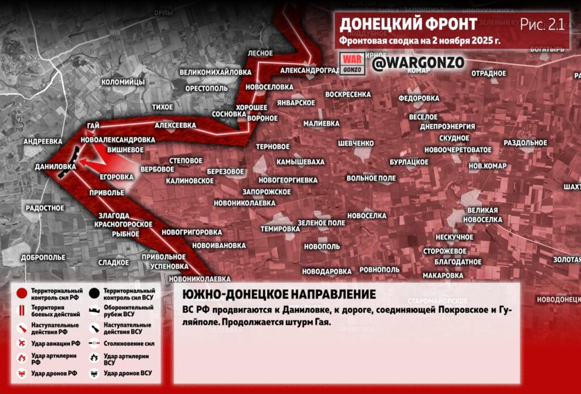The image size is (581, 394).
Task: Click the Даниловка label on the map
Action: point(55,167)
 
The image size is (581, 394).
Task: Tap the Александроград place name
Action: point(310,70)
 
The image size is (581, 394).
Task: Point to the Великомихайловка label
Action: point(215,73)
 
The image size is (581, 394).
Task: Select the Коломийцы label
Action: point(123,82)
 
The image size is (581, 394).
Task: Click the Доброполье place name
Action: point(43,257)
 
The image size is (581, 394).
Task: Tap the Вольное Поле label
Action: point(371,178)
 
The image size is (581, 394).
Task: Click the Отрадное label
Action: point(489,73)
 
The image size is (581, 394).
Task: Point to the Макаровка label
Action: point(444,275)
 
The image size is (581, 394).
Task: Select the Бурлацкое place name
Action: point(409,162)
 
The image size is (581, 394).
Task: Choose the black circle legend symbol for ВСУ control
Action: point(95,294)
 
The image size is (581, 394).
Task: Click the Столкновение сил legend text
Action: point(129,343)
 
